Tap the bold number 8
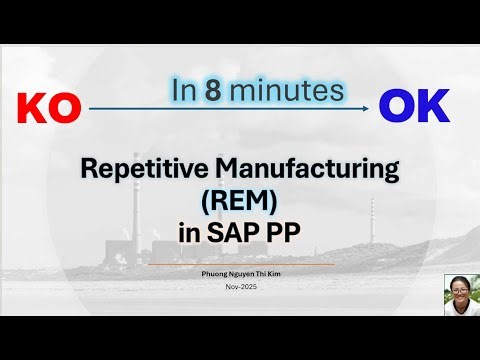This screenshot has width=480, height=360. [x=241, y=90]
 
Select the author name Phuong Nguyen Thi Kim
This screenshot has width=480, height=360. [x=239, y=272]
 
